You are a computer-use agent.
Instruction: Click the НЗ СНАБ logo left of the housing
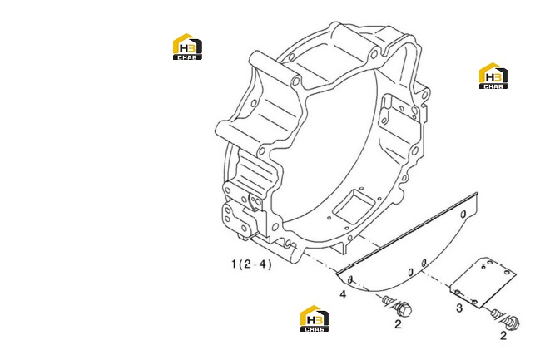[x=187, y=47]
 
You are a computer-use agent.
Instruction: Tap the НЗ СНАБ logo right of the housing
[x=493, y=76]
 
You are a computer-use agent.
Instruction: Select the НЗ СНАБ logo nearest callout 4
[x=315, y=318]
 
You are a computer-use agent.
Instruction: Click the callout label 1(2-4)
[x=251, y=264]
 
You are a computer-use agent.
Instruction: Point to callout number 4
[x=343, y=294]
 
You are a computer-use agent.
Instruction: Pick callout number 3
[x=459, y=308]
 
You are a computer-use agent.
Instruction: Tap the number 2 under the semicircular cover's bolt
[x=398, y=324]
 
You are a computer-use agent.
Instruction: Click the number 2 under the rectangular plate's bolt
[x=503, y=335]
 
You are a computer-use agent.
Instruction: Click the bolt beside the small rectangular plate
[x=505, y=318]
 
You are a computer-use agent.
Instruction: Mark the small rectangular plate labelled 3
[x=483, y=283]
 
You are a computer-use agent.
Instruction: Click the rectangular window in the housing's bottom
[x=354, y=206]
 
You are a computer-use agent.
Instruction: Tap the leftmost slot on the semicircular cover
[x=350, y=279]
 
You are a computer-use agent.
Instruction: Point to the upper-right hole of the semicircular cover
[x=463, y=215]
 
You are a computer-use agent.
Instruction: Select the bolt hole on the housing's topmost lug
[x=374, y=54]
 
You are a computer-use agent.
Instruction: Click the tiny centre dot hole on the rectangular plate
[x=483, y=267]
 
